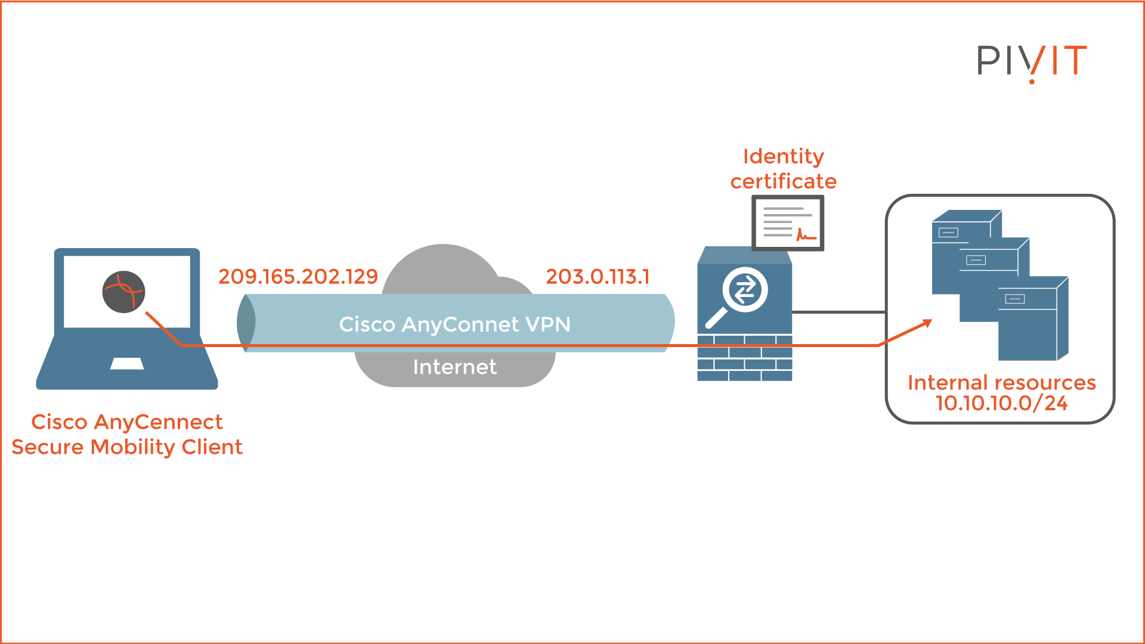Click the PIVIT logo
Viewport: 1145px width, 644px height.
click(x=1032, y=61)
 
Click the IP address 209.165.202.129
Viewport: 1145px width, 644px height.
click(x=298, y=277)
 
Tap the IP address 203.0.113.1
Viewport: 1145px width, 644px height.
click(x=598, y=277)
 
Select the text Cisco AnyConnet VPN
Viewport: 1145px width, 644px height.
click(x=454, y=324)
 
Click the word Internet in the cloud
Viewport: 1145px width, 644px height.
click(x=454, y=367)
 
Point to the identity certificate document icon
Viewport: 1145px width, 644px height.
click(x=787, y=223)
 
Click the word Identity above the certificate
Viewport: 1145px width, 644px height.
click(x=783, y=156)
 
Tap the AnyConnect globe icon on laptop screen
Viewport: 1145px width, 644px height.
click(x=123, y=292)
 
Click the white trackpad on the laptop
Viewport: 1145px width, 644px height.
click(x=127, y=364)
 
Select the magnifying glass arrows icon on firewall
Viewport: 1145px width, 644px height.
click(x=744, y=290)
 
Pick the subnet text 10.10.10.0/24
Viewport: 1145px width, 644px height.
click(x=1001, y=404)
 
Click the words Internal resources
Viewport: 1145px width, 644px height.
click(x=1001, y=382)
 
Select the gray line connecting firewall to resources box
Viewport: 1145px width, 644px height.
click(x=838, y=311)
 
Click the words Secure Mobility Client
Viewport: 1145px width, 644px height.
click(x=127, y=447)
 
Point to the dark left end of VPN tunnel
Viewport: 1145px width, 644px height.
click(x=246, y=322)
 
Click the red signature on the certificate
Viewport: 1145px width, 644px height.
click(x=806, y=236)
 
